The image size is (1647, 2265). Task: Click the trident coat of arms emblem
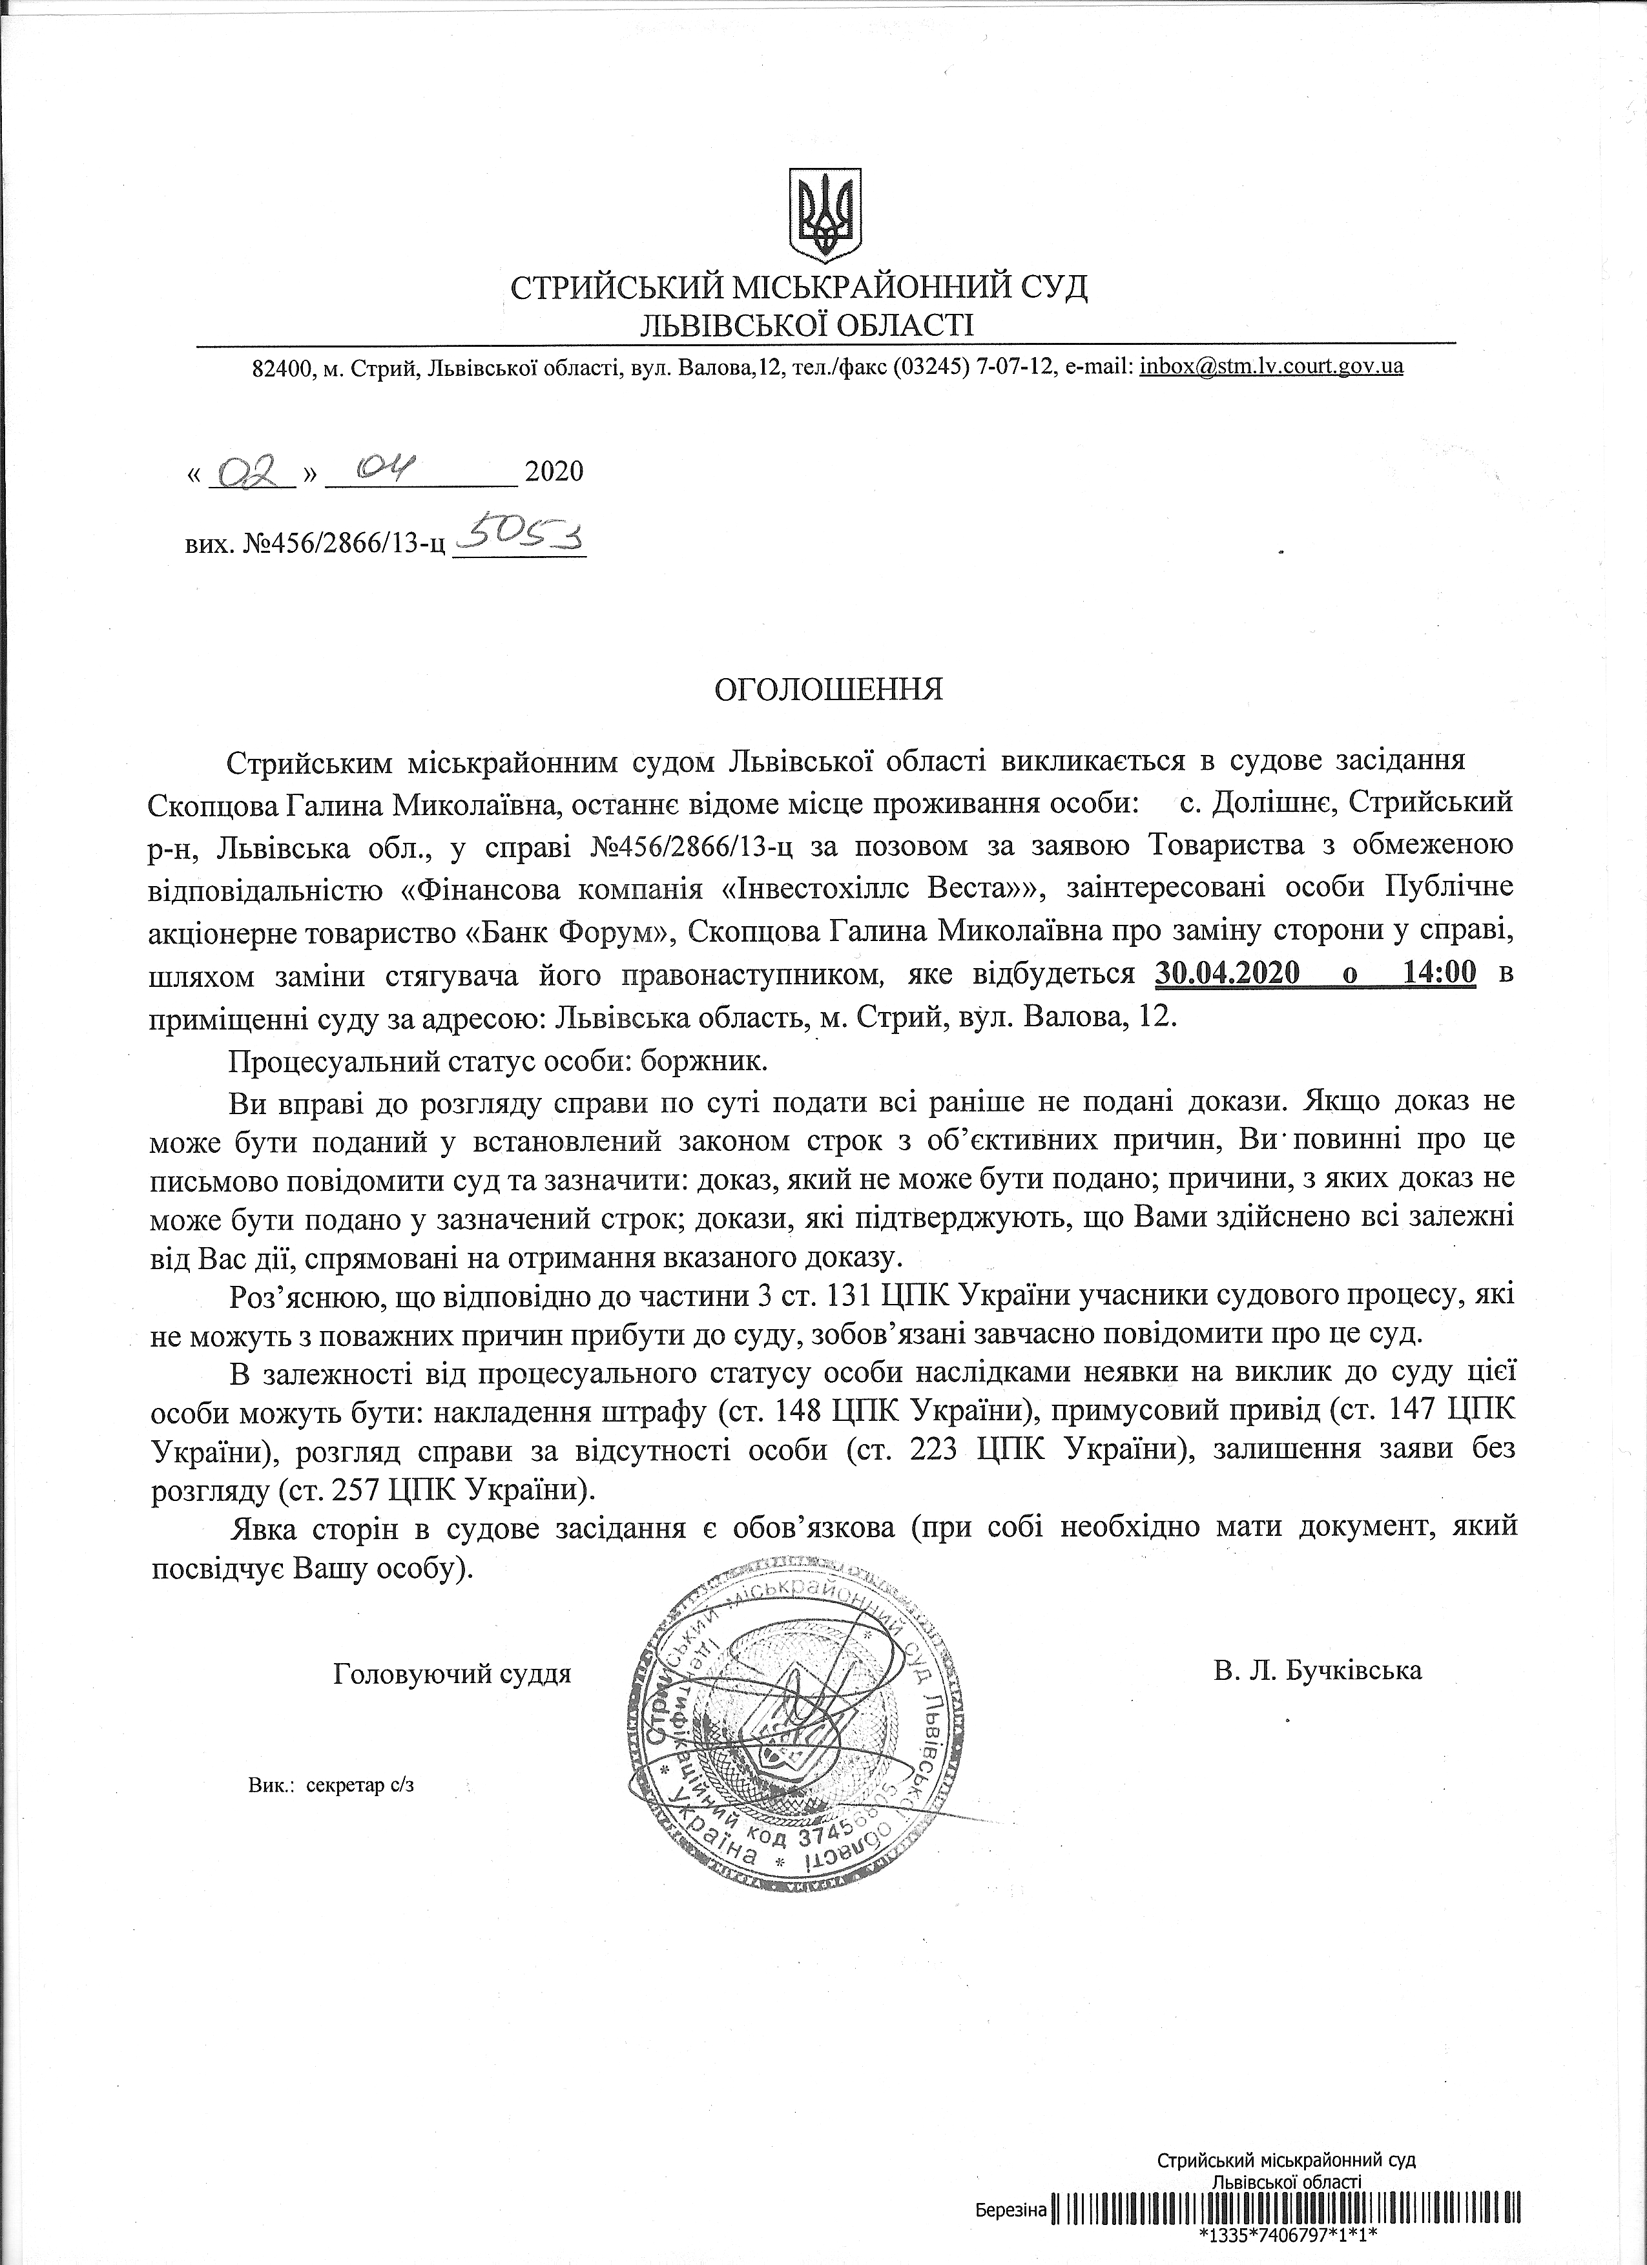[825, 212]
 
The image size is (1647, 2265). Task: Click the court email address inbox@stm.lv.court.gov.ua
[1270, 366]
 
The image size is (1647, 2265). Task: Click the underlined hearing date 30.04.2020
[1225, 973]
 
